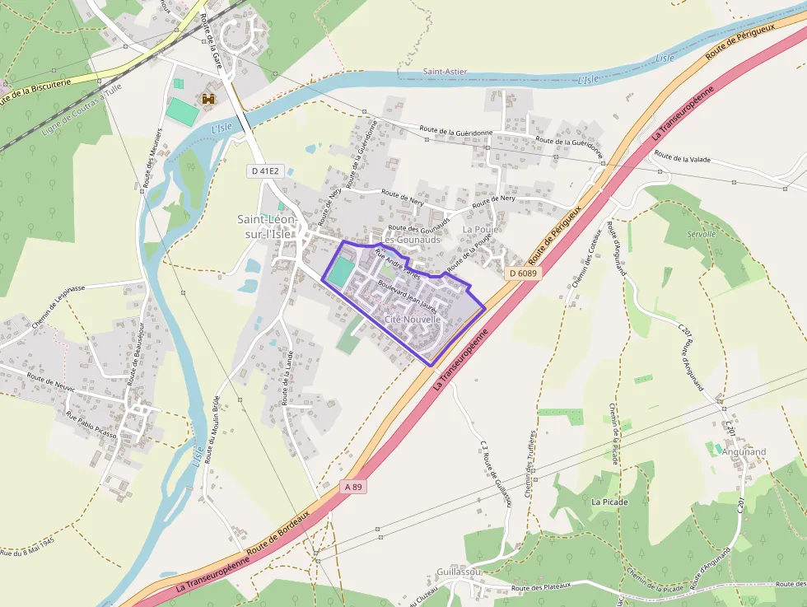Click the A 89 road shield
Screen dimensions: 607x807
pyautogui.click(x=353, y=487)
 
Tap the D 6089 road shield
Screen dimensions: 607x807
pyautogui.click(x=522, y=273)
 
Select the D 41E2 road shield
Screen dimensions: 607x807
pyautogui.click(x=264, y=170)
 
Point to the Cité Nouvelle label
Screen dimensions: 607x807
pyautogui.click(x=413, y=319)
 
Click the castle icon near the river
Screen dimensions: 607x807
pyautogui.click(x=208, y=100)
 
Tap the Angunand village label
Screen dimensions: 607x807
pyautogui.click(x=744, y=451)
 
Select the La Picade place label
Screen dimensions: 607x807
pyautogui.click(x=609, y=501)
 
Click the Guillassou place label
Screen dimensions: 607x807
pyautogui.click(x=459, y=571)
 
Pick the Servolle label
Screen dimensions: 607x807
pyautogui.click(x=702, y=234)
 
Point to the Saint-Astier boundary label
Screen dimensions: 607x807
pyautogui.click(x=445, y=72)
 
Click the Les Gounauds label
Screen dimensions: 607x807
pyautogui.click(x=411, y=239)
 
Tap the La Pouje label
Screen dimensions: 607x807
pyautogui.click(x=480, y=229)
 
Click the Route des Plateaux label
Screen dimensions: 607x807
pyautogui.click(x=540, y=587)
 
